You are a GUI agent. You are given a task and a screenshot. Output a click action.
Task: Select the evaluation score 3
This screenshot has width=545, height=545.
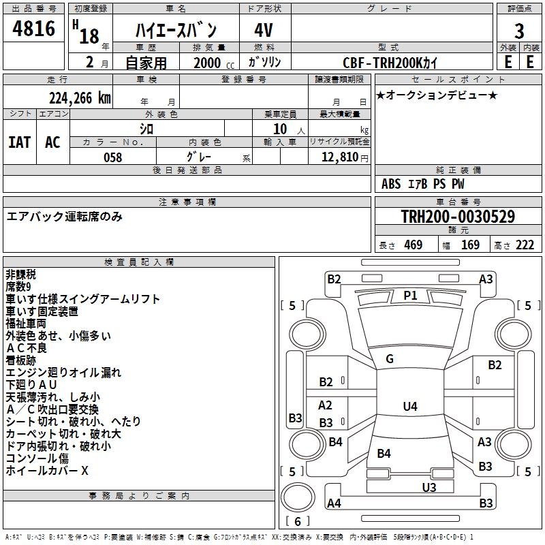coord(519,31)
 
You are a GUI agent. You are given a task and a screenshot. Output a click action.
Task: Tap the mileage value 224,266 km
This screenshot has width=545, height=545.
coord(80,97)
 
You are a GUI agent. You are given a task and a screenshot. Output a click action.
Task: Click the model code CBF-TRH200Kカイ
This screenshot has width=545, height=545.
coord(390,61)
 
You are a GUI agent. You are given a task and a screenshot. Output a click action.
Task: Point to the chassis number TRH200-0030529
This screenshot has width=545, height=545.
coord(457,217)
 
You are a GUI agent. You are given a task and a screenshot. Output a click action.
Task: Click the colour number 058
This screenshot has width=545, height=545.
coord(112,157)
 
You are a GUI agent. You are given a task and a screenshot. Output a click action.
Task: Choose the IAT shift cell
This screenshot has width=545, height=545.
coord(20,142)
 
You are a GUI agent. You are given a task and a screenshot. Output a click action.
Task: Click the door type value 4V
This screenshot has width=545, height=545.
coord(264,31)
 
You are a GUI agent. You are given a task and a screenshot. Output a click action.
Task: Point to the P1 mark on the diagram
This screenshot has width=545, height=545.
coord(410,295)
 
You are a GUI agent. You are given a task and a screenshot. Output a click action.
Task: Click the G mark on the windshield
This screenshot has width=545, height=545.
coord(390,359)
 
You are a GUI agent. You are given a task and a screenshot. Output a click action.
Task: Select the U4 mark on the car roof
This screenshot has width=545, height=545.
coord(409,407)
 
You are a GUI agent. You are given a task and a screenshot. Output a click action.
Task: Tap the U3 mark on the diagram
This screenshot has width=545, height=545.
coord(429,487)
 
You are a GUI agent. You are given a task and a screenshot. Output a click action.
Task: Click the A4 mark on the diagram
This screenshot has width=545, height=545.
coord(334,503)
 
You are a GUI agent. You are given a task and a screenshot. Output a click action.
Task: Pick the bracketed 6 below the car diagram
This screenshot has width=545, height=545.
coord(298,521)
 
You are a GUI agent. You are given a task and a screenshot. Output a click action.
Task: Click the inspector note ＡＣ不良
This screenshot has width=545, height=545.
coord(27,348)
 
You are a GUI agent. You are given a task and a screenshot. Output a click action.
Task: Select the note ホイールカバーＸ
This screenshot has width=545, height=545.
coord(47,471)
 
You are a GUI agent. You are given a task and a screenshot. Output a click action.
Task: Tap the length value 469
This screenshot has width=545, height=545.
coord(413,245)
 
